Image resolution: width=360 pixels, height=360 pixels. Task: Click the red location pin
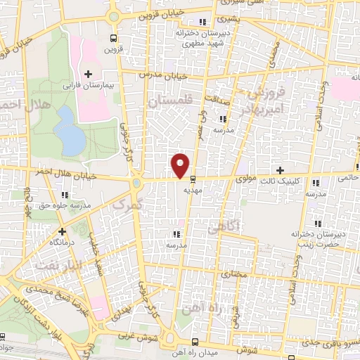[180, 164]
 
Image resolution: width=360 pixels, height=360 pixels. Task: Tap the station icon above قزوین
[113, 38]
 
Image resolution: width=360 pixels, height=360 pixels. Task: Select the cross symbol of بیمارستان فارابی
[88, 73]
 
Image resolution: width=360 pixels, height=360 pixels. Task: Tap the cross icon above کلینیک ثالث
[281, 170]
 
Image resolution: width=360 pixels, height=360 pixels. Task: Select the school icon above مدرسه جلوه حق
[65, 195]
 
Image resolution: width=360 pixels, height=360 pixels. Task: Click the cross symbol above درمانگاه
[62, 231]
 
